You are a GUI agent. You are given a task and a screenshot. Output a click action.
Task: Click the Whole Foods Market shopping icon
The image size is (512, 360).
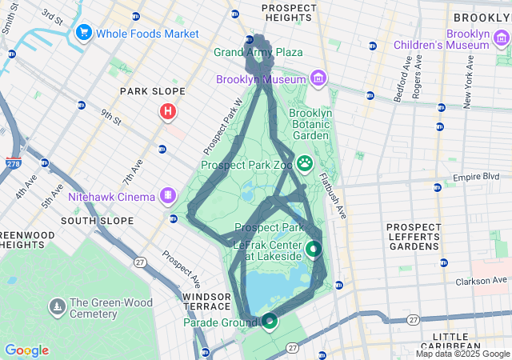(x=83, y=34)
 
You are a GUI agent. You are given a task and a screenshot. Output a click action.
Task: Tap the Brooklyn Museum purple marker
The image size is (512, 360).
(x=318, y=79)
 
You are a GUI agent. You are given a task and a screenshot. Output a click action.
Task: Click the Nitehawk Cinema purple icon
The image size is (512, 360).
(x=168, y=194)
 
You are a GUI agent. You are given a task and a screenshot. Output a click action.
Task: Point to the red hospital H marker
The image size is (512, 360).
(x=168, y=113)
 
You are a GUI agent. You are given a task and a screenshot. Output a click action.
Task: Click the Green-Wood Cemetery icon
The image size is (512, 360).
(x=58, y=306)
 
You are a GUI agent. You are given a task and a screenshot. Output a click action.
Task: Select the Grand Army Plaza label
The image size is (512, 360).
(x=258, y=52)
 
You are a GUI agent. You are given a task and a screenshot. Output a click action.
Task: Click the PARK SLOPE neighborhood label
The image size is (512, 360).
(x=152, y=92)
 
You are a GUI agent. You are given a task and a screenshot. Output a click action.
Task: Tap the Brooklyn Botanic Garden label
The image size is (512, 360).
(x=312, y=124)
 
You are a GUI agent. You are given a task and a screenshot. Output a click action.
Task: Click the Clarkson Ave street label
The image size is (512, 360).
(x=483, y=281)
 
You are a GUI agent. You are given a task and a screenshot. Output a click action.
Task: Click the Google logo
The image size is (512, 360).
(x=26, y=350)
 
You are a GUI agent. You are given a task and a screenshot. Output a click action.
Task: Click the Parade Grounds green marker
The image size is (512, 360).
(x=270, y=322)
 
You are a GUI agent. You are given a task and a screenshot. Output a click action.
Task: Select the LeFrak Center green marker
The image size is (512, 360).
(x=313, y=250)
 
